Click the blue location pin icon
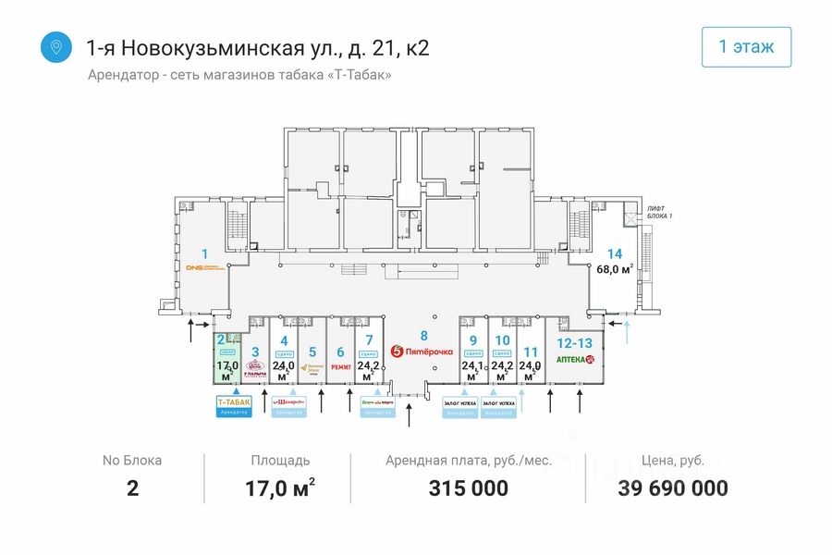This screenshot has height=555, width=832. tap(56, 47)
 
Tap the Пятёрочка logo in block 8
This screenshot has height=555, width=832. tap(423, 351)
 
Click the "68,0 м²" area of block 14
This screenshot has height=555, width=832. tap(614, 270)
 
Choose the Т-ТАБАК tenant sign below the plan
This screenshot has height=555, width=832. tap(233, 402)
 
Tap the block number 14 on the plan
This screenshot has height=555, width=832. tap(615, 253)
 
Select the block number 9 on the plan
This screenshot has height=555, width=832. tap(472, 339)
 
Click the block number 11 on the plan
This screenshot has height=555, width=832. tap(531, 351)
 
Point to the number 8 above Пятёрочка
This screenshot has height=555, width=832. tap(423, 335)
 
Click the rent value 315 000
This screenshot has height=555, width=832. tap(468, 488)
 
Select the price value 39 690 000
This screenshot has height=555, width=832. tap(672, 488)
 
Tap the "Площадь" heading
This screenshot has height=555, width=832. tap(280, 460)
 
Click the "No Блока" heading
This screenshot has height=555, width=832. tap(131, 460)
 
